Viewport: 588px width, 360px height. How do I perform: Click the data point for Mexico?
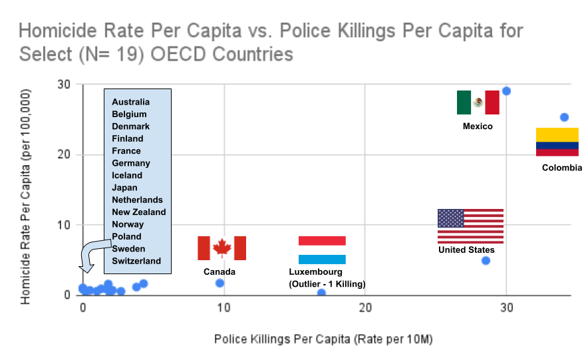pos(506,91)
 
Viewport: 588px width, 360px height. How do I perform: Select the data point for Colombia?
pos(564,117)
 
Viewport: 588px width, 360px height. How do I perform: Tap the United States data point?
pos(486,260)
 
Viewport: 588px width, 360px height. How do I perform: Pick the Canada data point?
pos(220,283)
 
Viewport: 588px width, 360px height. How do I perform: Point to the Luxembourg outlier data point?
pos(322,293)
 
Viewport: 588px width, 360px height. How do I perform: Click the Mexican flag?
pos(478,102)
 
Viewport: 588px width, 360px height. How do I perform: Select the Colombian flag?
pos(557,142)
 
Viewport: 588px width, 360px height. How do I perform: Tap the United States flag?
pos(470,226)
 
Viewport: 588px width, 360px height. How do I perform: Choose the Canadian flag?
pos(221,248)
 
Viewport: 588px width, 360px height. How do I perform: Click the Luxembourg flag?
pos(322,250)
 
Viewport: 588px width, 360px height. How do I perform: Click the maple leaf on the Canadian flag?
pos(221,248)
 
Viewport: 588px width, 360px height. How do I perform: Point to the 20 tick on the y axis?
pos(66,154)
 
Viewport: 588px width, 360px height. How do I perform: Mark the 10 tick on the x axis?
pos(224,308)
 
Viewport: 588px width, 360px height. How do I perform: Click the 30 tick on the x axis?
pos(507,308)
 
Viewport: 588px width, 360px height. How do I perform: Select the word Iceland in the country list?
pos(127,175)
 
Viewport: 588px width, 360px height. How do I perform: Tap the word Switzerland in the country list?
pos(136,261)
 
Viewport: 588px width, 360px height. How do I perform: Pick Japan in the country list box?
pos(125,188)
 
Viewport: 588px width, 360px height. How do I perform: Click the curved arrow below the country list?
pos(90,257)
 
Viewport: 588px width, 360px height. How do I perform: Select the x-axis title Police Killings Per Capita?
pos(323,339)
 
